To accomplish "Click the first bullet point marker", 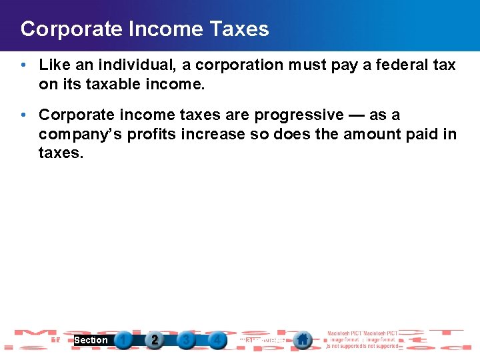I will pyautogui.click(x=23, y=65).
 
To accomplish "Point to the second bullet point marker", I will pyautogui.click(x=23, y=115).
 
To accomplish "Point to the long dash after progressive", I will pyautogui.click(x=357, y=115).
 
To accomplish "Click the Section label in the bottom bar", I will pyautogui.click(x=91, y=340).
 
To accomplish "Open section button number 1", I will pyautogui.click(x=123, y=340).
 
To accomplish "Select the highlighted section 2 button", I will pyautogui.click(x=155, y=340).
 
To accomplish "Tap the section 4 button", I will pyautogui.click(x=217, y=340).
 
